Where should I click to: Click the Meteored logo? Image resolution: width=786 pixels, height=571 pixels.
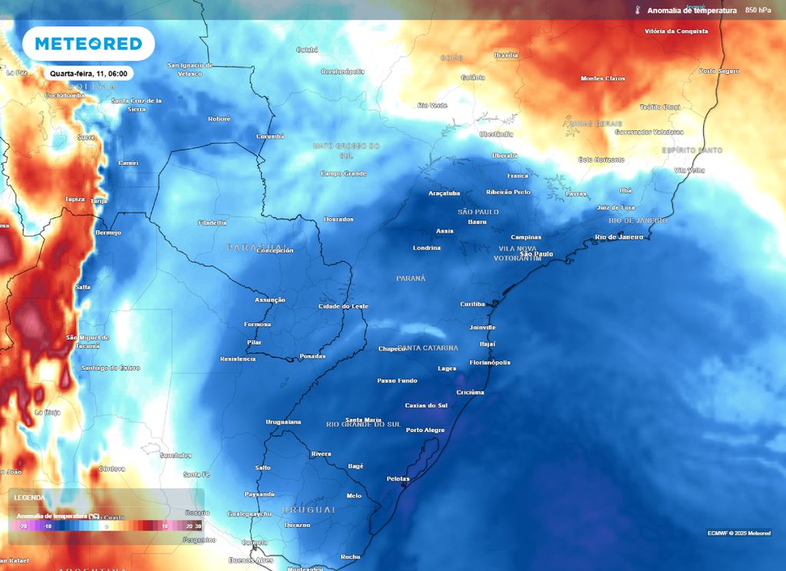click(88, 44)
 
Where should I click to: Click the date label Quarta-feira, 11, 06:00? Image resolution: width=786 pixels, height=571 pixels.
click(88, 74)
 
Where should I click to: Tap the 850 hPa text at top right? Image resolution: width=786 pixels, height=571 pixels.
click(758, 11)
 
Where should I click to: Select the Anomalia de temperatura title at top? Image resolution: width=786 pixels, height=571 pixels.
click(692, 11)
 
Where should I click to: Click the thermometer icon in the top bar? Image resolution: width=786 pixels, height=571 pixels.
click(637, 11)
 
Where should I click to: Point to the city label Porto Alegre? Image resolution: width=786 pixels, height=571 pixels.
click(425, 430)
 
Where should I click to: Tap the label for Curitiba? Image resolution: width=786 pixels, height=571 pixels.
click(472, 304)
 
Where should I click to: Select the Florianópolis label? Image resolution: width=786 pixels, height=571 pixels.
click(490, 362)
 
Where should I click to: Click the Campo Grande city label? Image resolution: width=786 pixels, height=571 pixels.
click(343, 173)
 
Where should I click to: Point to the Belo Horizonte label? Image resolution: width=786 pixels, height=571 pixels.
click(601, 160)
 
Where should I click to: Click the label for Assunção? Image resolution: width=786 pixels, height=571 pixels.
click(269, 300)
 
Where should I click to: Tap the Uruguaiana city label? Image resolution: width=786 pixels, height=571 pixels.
click(283, 422)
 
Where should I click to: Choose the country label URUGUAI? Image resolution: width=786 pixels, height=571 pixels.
click(309, 510)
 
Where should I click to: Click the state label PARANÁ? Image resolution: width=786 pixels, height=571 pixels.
click(411, 278)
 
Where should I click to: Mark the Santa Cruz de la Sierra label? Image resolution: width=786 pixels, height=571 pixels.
click(137, 104)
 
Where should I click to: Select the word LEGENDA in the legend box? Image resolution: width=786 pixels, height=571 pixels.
click(29, 497)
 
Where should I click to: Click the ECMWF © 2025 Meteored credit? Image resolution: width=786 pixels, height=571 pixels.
click(738, 533)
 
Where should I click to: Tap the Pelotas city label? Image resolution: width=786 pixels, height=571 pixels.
click(398, 479)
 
